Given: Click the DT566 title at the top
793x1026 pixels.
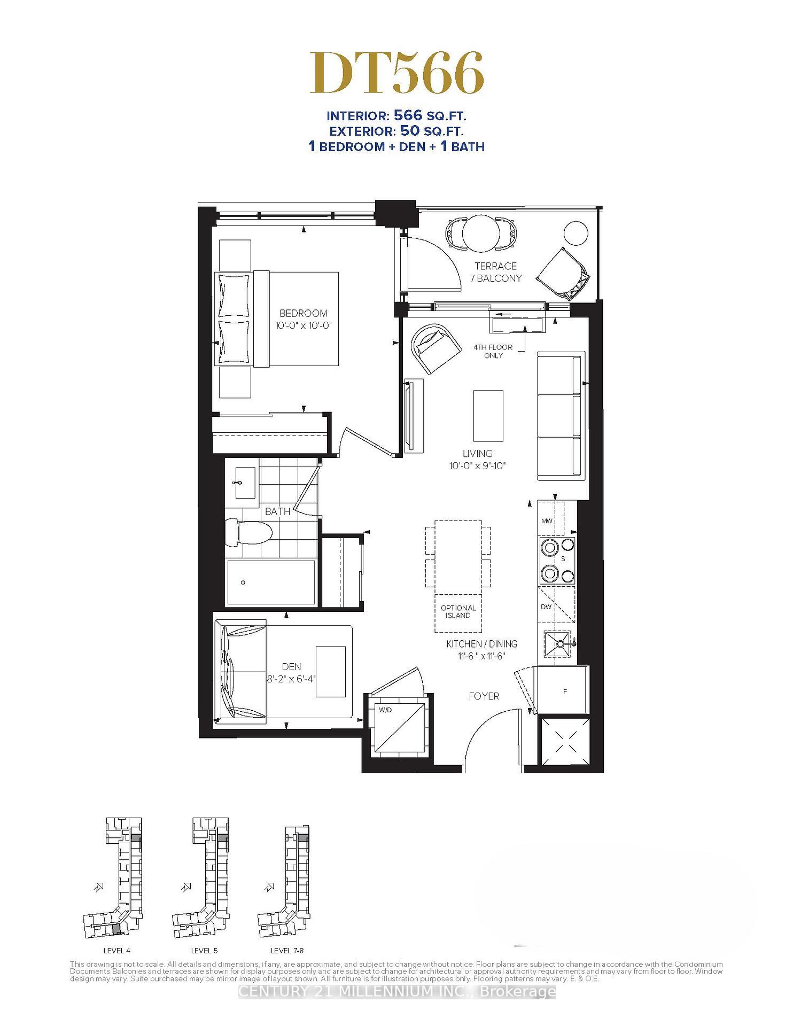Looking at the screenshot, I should (x=397, y=74).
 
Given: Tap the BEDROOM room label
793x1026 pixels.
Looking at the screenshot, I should (x=303, y=313).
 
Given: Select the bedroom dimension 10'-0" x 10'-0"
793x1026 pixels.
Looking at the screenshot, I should (x=303, y=325).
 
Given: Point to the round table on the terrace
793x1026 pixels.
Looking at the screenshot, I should (x=480, y=233).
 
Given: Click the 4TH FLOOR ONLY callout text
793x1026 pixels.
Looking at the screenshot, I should (x=493, y=351).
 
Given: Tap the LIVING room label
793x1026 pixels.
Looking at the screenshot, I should (x=477, y=454).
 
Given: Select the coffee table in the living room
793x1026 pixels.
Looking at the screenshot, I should (x=488, y=415).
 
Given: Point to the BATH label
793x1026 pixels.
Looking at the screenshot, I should (x=278, y=511).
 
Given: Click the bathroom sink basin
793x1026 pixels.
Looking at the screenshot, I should (x=245, y=483).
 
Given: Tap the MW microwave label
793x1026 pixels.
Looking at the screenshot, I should (x=546, y=521).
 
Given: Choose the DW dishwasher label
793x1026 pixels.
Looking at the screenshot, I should (x=546, y=607).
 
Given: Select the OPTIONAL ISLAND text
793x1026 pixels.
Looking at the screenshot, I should (x=458, y=611).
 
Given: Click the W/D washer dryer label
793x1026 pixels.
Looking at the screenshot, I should (x=385, y=710).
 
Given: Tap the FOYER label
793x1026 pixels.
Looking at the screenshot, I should (x=484, y=696).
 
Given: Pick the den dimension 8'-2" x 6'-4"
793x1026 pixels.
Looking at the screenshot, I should (x=291, y=679).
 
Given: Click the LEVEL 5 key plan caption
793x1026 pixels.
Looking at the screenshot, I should (x=204, y=951).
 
